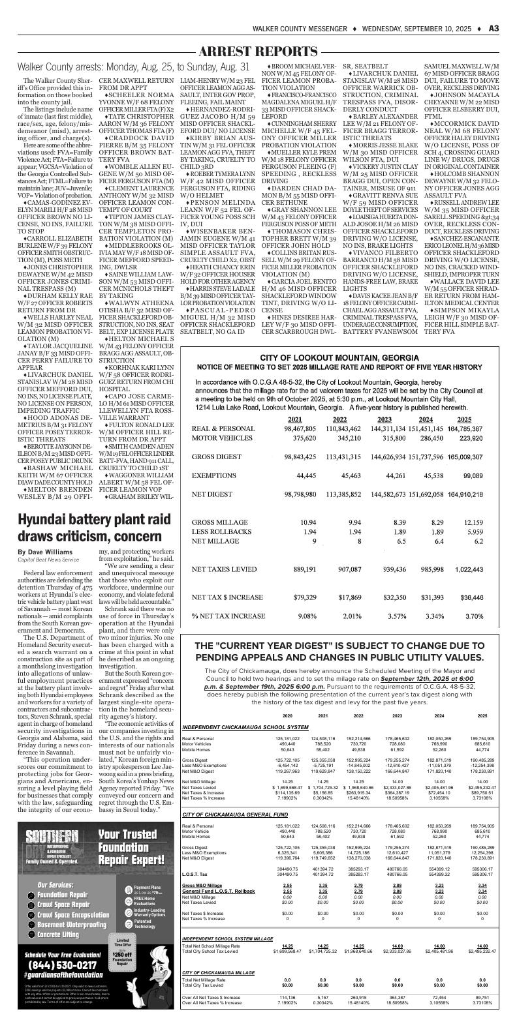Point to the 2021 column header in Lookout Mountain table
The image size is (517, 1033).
[295, 419]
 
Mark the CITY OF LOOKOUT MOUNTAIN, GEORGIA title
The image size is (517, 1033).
[339, 359]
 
